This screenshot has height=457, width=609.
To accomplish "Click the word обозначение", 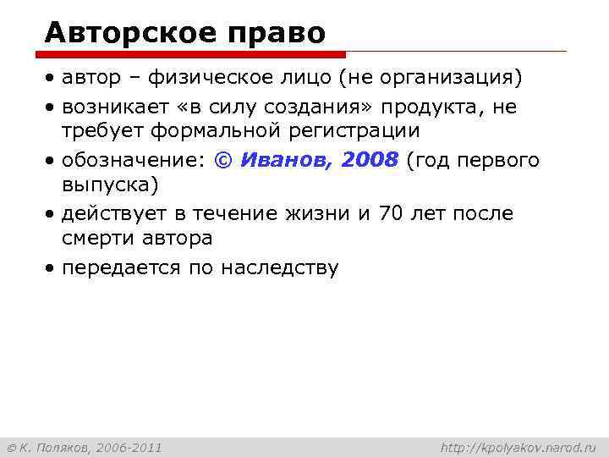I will click(133, 161).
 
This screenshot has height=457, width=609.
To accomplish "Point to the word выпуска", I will click(107, 184).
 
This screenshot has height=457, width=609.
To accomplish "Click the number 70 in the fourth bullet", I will click(390, 213).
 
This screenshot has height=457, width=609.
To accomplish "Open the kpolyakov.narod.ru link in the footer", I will click(518, 446).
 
